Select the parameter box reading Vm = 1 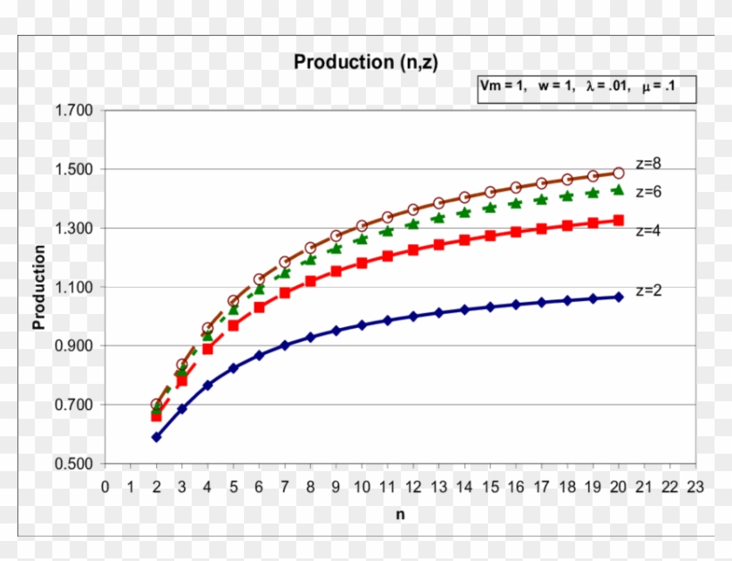(586, 87)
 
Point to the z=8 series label (649, 162)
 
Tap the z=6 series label (649, 191)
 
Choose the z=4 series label (649, 231)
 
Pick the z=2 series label (649, 290)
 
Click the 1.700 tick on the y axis (74, 111)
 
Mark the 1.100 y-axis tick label (74, 287)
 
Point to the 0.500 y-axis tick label (74, 463)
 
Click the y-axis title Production (39, 287)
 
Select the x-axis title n (400, 514)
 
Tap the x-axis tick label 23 (695, 486)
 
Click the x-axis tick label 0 (105, 486)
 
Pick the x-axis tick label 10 (362, 486)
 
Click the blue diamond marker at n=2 (157, 436)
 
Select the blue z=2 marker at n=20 (619, 297)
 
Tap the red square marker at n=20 (619, 221)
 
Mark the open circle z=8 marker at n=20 (619, 173)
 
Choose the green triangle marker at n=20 (619, 189)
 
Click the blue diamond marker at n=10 (362, 325)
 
